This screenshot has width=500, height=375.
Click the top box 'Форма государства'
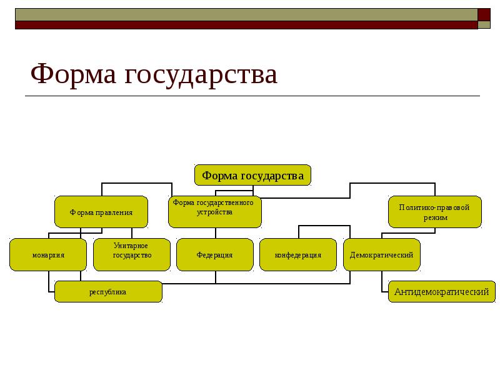pyautogui.click(x=252, y=175)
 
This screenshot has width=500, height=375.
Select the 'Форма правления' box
pyautogui.click(x=101, y=212)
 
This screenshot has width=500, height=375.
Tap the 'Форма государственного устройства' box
pyautogui.click(x=214, y=212)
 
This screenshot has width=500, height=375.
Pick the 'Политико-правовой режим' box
pyautogui.click(x=435, y=212)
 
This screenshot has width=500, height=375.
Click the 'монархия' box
pyautogui.click(x=49, y=255)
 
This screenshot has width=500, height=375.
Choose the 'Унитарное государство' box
pyautogui.click(x=132, y=255)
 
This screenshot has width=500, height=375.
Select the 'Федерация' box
pyautogui.click(x=215, y=255)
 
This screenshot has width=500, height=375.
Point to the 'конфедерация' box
pyautogui.click(x=298, y=255)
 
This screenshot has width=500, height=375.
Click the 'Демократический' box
pyautogui.click(x=382, y=255)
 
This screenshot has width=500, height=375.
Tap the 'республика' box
pyautogui.click(x=108, y=292)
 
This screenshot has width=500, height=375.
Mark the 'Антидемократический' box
pyautogui.click(x=441, y=292)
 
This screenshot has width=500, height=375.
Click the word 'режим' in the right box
pyautogui.click(x=435, y=217)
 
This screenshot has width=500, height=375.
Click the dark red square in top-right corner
pyautogui.click(x=484, y=15)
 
